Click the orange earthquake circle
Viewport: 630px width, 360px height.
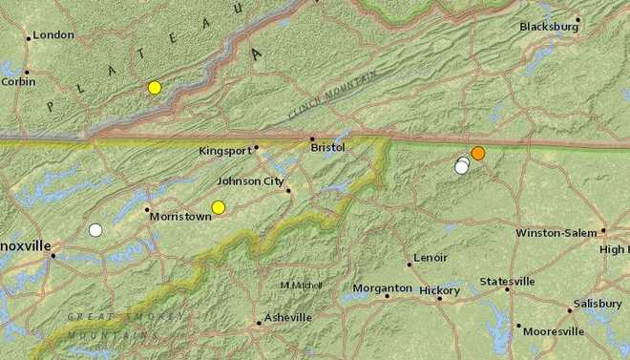pos(478,153)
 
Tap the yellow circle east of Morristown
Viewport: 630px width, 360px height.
pos(219,207)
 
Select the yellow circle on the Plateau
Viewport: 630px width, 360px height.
pos(155,88)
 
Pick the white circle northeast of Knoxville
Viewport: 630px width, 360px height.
pos(95,229)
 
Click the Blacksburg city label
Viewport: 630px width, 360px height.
pos(549,27)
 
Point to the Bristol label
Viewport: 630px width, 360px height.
pos(327,148)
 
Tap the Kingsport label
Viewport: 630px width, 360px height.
pos(225,151)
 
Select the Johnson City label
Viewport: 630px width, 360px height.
pos(250,180)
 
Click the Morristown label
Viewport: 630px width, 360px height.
pos(180,217)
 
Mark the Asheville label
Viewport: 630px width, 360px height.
pos(288,317)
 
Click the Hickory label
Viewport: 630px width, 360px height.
pos(440,290)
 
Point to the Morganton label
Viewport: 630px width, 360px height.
pos(382,288)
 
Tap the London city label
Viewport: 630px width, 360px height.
pos(53,36)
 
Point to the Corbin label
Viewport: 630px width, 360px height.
pos(18,82)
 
